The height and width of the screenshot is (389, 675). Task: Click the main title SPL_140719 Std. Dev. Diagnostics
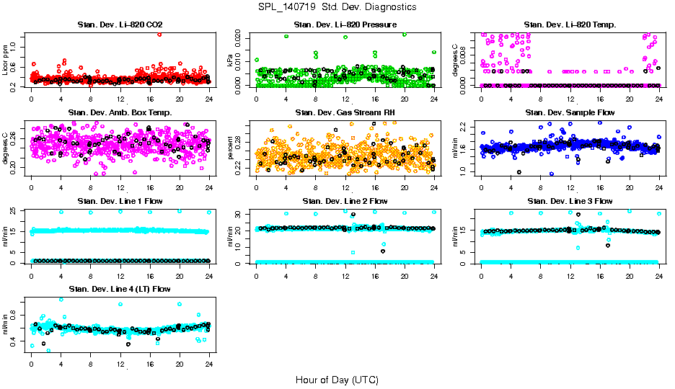click(x=337, y=7)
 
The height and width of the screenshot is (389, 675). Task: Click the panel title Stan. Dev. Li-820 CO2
click(x=120, y=25)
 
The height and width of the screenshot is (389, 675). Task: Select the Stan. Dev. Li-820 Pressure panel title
click(x=345, y=25)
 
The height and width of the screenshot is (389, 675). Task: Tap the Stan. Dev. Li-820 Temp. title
click(x=570, y=25)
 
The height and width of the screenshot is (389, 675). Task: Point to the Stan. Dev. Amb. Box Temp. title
click(x=120, y=112)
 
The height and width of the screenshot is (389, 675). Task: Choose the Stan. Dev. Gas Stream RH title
click(x=345, y=112)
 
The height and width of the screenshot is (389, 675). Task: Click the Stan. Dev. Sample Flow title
click(x=570, y=112)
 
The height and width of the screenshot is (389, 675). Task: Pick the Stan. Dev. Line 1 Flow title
click(x=120, y=201)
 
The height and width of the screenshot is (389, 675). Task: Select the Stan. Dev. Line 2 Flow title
click(x=345, y=201)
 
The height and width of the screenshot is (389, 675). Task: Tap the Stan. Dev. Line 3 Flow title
click(x=570, y=201)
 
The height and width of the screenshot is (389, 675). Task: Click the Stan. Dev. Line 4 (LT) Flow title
click(x=120, y=289)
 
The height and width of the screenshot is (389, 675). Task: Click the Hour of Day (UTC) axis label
click(x=337, y=380)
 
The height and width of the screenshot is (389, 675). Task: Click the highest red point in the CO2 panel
click(x=159, y=34)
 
